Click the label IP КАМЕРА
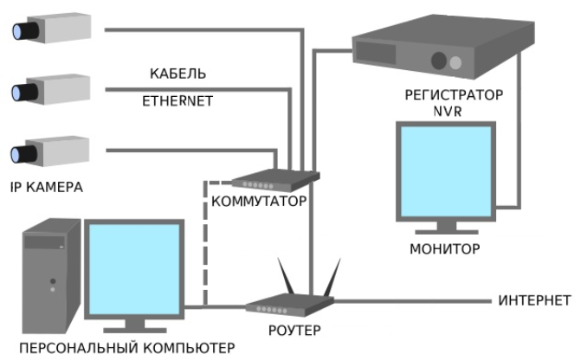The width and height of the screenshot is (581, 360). pos(48,187)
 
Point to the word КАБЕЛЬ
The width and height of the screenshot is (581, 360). pos(178,74)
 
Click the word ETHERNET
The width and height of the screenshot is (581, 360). pos(178,100)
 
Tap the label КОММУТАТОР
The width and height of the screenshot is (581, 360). pos(259,202)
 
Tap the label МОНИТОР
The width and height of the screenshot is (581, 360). pos(444,249)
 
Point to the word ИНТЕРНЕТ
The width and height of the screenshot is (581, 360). pos(534,301)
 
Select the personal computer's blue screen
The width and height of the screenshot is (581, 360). pos(134,267)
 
